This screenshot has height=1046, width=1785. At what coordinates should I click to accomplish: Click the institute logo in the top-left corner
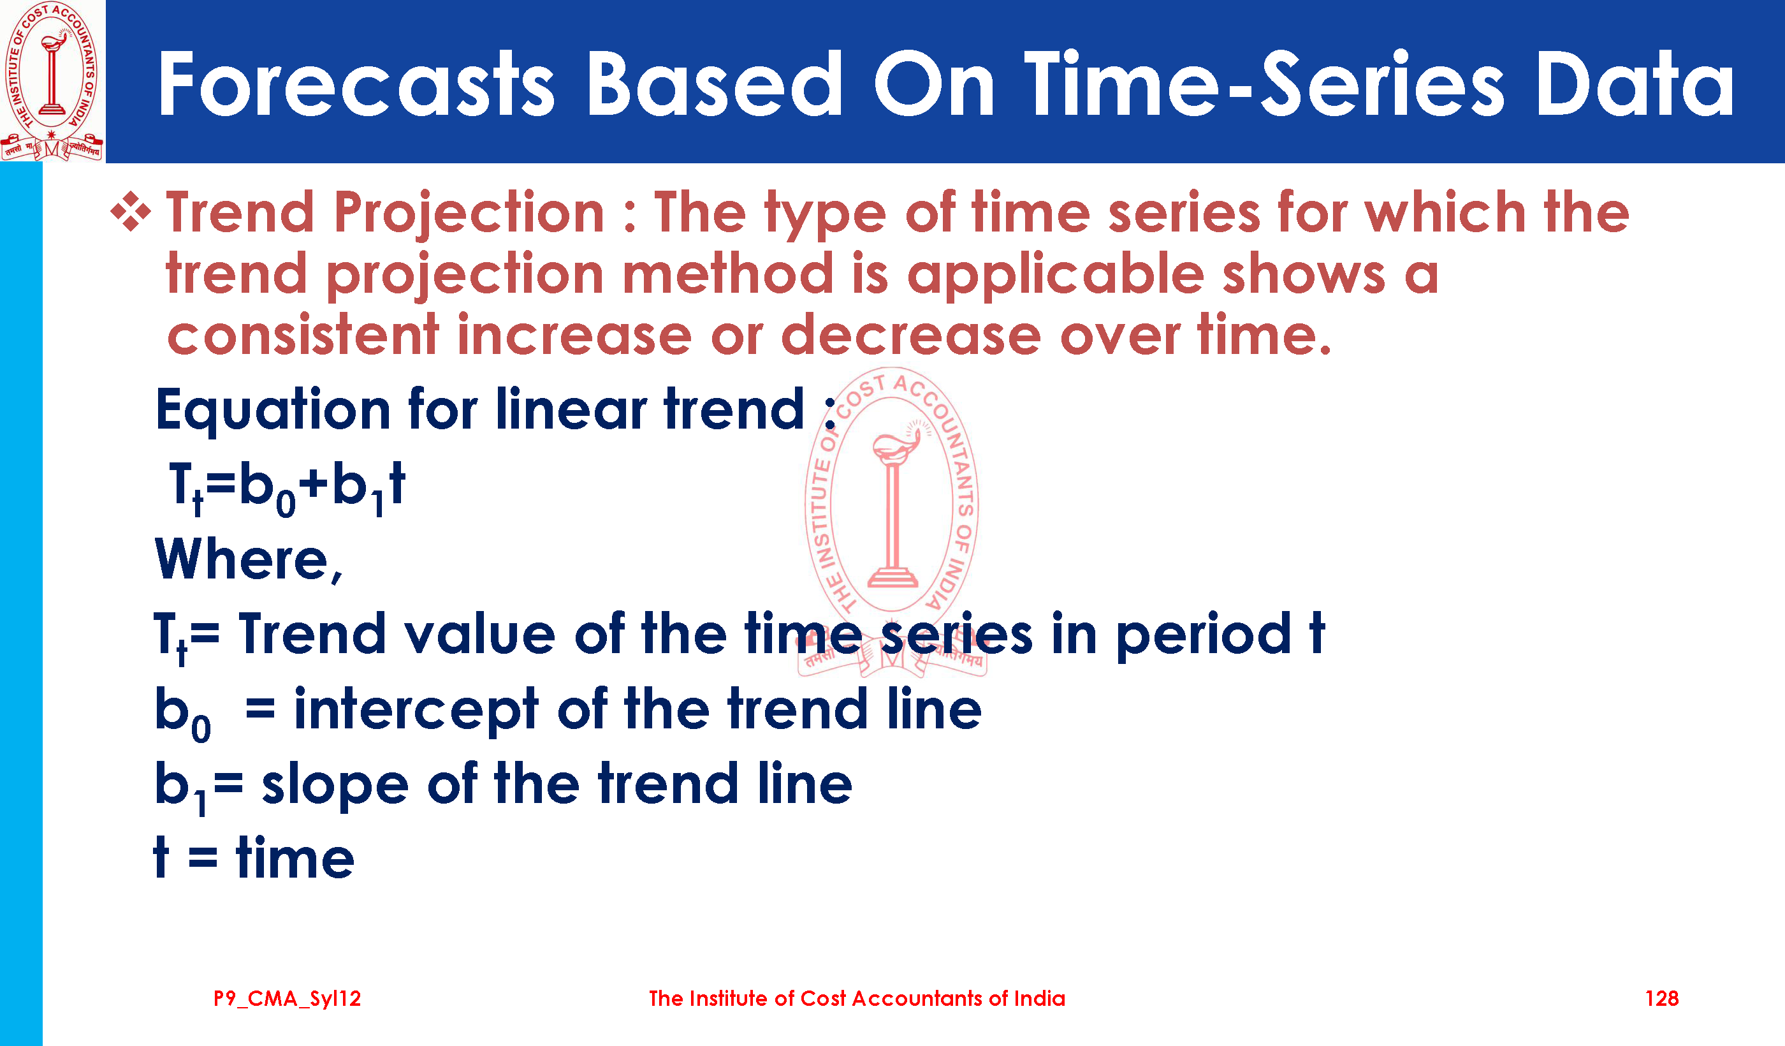(x=52, y=81)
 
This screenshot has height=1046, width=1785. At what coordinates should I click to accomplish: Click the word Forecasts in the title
(x=356, y=84)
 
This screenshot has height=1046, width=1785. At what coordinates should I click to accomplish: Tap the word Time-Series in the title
(x=1264, y=84)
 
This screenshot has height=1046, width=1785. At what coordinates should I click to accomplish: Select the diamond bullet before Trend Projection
(x=131, y=212)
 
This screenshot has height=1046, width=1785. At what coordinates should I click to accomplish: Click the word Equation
(x=273, y=409)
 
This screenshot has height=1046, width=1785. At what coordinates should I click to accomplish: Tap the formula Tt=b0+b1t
(x=287, y=487)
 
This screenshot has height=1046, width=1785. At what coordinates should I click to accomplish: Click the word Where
(x=248, y=560)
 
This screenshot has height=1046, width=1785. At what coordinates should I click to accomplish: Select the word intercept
(x=416, y=709)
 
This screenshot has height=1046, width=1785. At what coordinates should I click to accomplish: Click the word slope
(x=335, y=785)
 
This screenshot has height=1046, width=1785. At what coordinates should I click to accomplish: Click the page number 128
(x=1662, y=999)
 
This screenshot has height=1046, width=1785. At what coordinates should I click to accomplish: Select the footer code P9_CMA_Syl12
(x=287, y=999)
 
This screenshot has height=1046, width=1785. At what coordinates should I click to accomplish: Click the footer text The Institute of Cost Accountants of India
(x=857, y=999)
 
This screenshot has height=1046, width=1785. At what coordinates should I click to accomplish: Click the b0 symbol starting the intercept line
(x=183, y=713)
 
